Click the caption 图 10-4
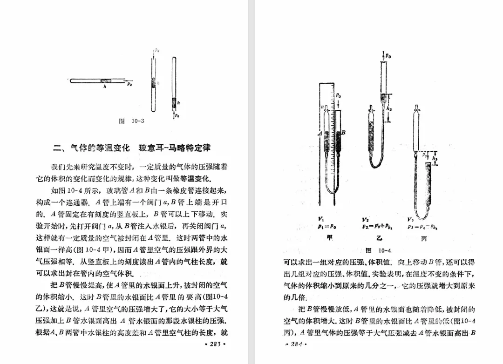(x=378, y=250)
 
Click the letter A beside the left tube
(x=320, y=133)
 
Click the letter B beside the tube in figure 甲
(x=343, y=133)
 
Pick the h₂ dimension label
(x=389, y=108)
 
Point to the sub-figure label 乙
(x=378, y=238)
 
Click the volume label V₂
(x=366, y=219)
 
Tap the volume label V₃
(x=410, y=219)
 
